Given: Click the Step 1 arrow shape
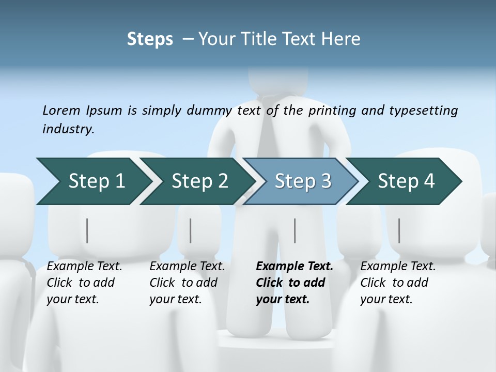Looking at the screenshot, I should (93, 181).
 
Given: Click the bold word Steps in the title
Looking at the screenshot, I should (150, 39).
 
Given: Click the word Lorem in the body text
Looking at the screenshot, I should (61, 111).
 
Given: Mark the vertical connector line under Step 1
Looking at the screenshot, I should (87, 230).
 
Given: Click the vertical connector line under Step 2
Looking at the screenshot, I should (191, 230).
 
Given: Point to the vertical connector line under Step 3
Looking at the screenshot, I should (295, 230).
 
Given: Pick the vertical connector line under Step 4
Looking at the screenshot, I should (399, 230).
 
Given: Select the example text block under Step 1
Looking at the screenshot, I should (84, 283).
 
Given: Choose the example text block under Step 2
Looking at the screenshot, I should (187, 283).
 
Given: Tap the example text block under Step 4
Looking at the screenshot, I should (398, 283).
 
